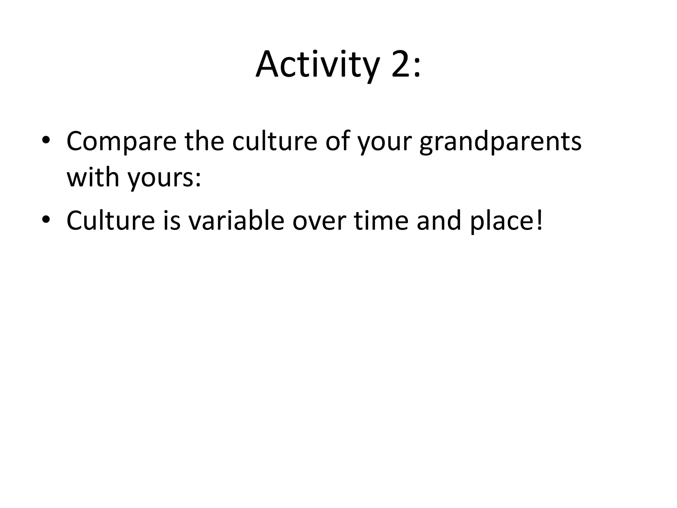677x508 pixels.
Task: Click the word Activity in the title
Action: (x=317, y=64)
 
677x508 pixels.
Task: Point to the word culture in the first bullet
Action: (x=275, y=141)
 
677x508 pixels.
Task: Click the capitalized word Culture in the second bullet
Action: (x=110, y=220)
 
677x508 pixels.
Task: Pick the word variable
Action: (x=236, y=220)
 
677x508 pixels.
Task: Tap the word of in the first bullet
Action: (x=337, y=141)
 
